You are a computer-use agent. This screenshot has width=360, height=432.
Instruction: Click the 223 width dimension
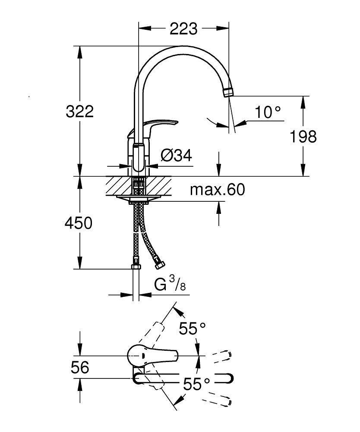[x=183, y=29]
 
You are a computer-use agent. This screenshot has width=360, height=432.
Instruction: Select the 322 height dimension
[x=79, y=111]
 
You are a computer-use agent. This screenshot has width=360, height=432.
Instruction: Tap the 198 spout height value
[x=303, y=137]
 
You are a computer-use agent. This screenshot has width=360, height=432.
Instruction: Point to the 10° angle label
[x=268, y=113]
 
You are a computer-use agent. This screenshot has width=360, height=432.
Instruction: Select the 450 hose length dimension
[x=78, y=223]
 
